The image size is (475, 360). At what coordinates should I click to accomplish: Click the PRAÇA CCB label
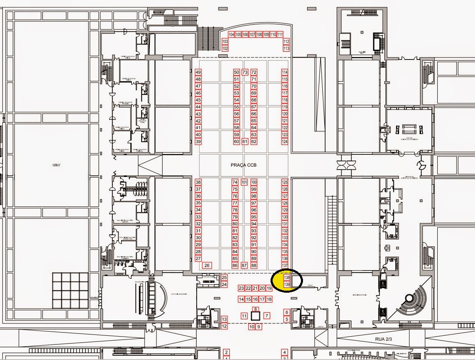coord(243,165)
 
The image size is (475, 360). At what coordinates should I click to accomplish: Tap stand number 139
coord(287,284)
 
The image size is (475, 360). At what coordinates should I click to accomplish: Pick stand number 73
coord(245,72)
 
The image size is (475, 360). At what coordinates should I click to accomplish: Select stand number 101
coord(244,182)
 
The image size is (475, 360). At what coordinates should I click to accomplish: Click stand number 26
coord(207,266)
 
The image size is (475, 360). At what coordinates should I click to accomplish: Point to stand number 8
coord(256,309)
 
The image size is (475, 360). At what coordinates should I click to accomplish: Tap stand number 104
coord(232,34)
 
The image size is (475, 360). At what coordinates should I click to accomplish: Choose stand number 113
coord(286,48)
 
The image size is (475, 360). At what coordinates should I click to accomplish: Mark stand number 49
coord(198,72)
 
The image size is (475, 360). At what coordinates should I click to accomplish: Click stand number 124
coord(285,142)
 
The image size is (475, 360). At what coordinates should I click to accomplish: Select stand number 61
coord(245,142)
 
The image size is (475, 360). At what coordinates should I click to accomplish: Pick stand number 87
coord(244,266)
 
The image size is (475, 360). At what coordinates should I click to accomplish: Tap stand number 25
coord(224,277)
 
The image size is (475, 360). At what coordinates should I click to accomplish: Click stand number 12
coord(224,326)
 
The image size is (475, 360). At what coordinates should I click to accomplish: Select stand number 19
coord(269,288)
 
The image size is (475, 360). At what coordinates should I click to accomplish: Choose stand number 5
coord(287,319)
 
